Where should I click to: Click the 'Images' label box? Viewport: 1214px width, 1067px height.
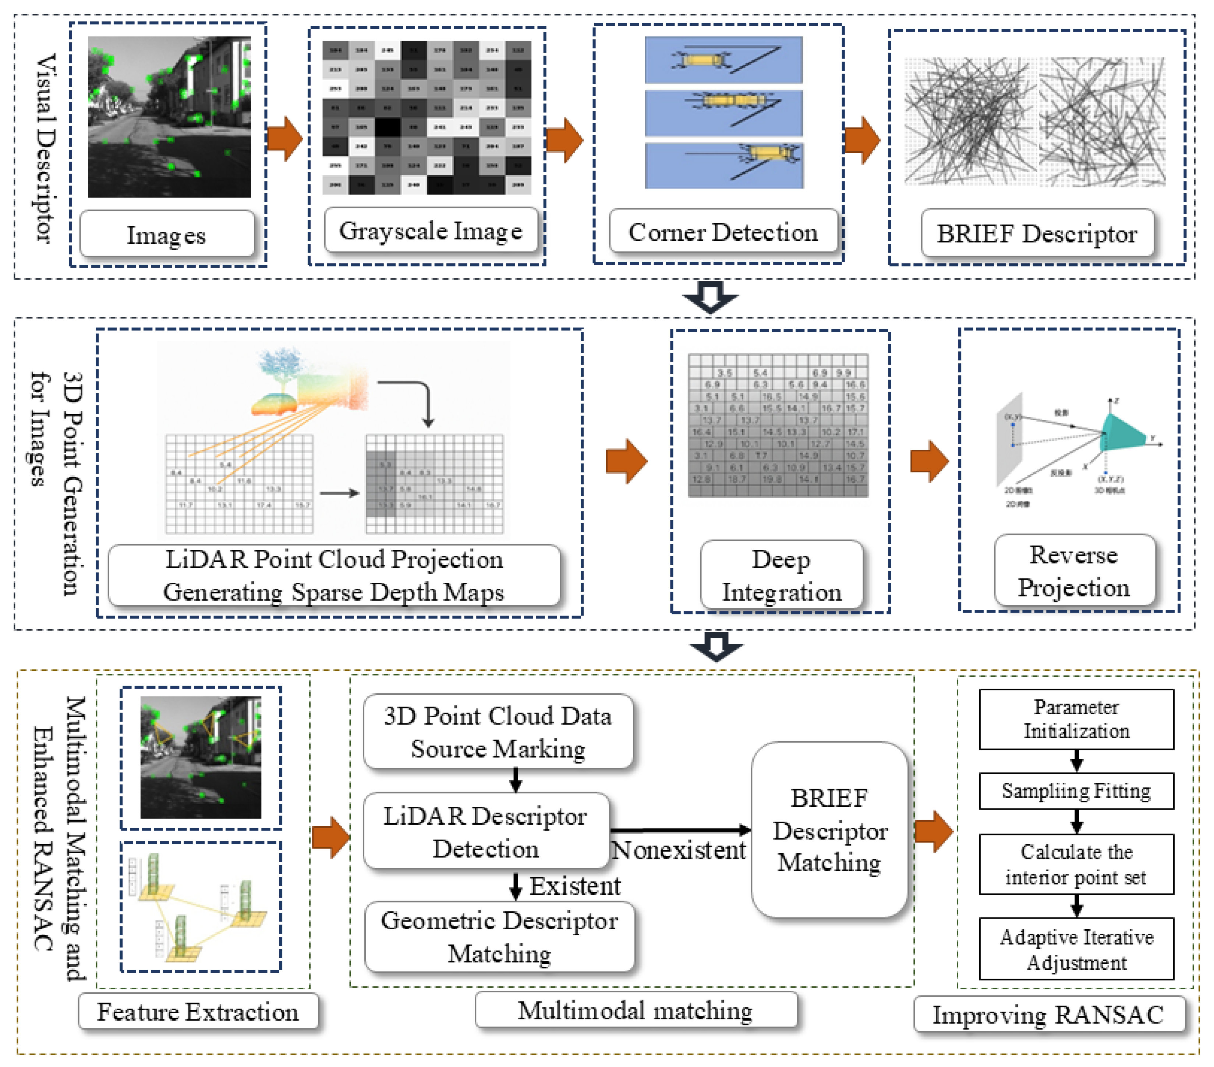pyautogui.click(x=167, y=234)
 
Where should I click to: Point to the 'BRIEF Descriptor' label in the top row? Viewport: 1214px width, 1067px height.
pyautogui.click(x=1037, y=233)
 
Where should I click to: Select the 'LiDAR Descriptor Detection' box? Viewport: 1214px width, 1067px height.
pyautogui.click(x=486, y=832)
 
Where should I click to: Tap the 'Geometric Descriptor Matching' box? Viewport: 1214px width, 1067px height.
pyautogui.click(x=499, y=936)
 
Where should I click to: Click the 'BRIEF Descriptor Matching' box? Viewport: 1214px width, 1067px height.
pyautogui.click(x=830, y=830)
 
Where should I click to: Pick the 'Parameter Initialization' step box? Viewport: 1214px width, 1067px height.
pyautogui.click(x=1076, y=719)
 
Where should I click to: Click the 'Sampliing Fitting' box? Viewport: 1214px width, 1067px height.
pyautogui.click(x=1076, y=791)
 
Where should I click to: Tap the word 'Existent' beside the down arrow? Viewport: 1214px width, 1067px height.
pyautogui.click(x=575, y=886)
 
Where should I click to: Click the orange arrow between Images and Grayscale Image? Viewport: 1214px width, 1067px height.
pyautogui.click(x=286, y=139)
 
